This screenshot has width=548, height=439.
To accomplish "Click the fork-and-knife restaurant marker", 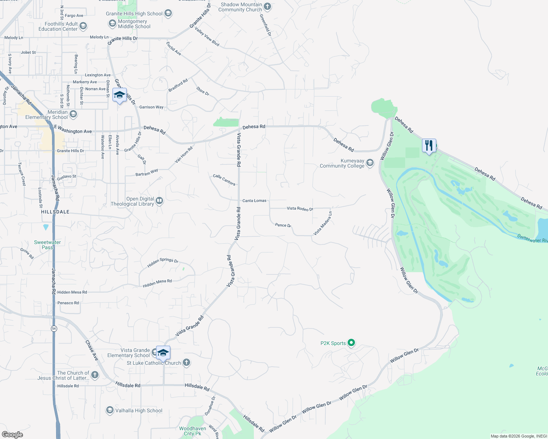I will pyautogui.click(x=429, y=146).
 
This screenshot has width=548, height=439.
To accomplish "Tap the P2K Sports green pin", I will pyautogui.click(x=351, y=343).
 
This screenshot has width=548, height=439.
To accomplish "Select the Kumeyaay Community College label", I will pyautogui.click(x=342, y=163).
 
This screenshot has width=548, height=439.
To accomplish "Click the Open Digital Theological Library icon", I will pyautogui.click(x=159, y=200).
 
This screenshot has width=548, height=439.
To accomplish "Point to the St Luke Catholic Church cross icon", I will pyautogui.click(x=186, y=363).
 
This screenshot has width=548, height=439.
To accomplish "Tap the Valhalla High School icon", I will pyautogui.click(x=110, y=410).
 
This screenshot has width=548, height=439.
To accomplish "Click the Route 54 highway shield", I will pyautogui.click(x=54, y=329).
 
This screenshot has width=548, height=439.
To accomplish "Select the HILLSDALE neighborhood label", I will pyautogui.click(x=55, y=212).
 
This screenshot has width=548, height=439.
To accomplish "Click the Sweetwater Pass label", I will pyautogui.click(x=47, y=245).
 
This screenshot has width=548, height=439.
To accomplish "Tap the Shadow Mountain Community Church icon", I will pyautogui.click(x=267, y=6).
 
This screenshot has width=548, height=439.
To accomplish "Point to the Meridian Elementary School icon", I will pyautogui.click(x=73, y=115).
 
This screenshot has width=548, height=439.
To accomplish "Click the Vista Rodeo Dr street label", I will pyautogui.click(x=300, y=209).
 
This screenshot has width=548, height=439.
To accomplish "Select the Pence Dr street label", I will pyautogui.click(x=283, y=225).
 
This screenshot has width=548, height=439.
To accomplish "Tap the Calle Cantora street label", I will pyautogui.click(x=224, y=180).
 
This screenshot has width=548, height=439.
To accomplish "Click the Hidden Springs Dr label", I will pyautogui.click(x=163, y=262).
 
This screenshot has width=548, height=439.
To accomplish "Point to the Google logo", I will pyautogui.click(x=12, y=434).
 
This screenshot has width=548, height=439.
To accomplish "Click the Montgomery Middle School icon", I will pyautogui.click(x=112, y=24).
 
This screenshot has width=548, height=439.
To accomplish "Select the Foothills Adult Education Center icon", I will pyautogui.click(x=83, y=26).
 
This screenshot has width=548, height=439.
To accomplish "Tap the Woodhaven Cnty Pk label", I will pyautogui.click(x=193, y=431).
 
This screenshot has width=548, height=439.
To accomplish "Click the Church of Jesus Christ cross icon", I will pyautogui.click(x=95, y=375).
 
